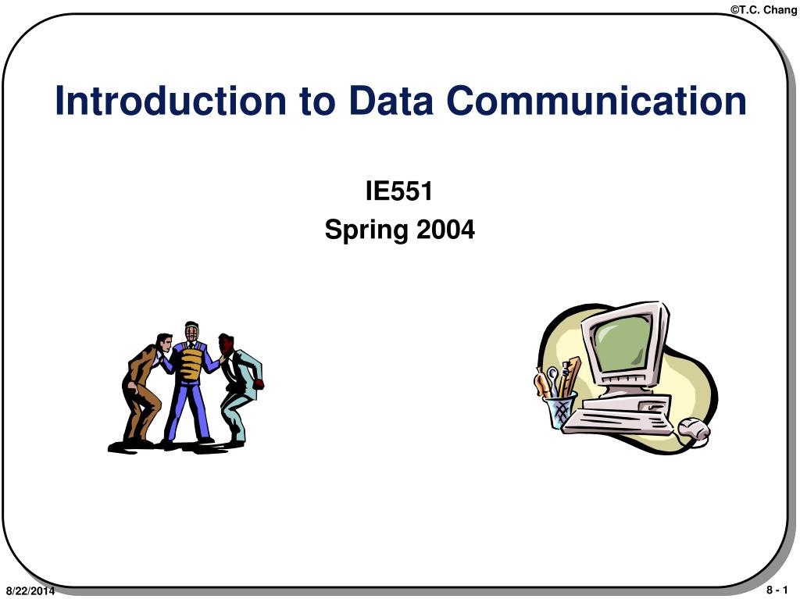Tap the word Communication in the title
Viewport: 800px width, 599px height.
[x=597, y=102]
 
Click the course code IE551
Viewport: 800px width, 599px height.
[x=399, y=190]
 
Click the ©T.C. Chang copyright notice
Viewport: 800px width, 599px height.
[x=764, y=9]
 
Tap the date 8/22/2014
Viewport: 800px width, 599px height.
[x=30, y=591]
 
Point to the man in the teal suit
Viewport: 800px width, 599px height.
[x=239, y=387]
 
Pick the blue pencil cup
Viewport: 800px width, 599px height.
[x=560, y=410]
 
